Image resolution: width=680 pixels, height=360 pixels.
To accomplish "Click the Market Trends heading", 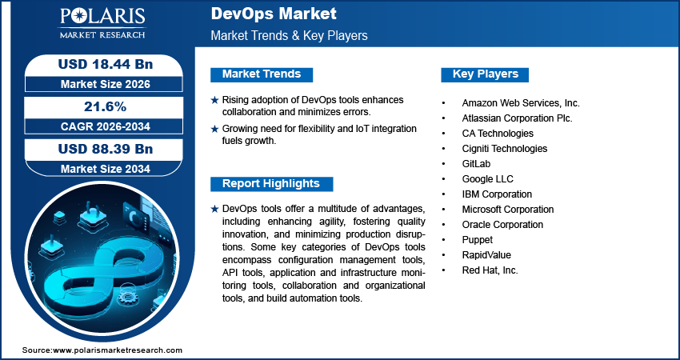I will (x=262, y=74).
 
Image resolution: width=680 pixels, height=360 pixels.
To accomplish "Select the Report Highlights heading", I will (x=270, y=184).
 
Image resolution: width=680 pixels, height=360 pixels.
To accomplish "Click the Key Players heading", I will (x=486, y=74).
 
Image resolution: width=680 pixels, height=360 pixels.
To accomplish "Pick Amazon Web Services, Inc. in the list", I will (x=521, y=103).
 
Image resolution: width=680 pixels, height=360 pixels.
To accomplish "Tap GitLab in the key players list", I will (x=476, y=164).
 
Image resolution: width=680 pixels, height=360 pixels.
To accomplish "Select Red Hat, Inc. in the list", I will (x=490, y=270).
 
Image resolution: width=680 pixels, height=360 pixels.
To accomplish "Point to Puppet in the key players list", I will (x=478, y=240).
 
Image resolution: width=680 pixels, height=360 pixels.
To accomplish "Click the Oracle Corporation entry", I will (x=502, y=225).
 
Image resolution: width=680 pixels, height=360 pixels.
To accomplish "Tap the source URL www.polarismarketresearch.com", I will (x=117, y=350).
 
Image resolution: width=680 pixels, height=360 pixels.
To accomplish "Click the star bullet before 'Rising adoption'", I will (x=214, y=99).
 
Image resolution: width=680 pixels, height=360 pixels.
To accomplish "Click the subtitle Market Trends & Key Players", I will (x=289, y=36).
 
